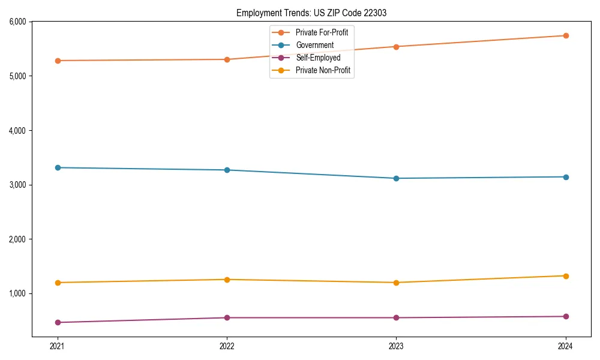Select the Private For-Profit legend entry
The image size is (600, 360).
(x=322, y=32)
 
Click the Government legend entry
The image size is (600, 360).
(x=314, y=45)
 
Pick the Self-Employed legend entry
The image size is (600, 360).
(x=318, y=58)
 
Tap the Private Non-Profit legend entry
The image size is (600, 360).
(x=323, y=71)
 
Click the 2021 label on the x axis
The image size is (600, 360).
(x=58, y=346)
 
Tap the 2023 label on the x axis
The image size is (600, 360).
(x=396, y=346)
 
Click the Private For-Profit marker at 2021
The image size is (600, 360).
(x=58, y=61)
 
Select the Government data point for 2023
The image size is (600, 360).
(x=396, y=178)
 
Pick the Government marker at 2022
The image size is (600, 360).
(x=227, y=170)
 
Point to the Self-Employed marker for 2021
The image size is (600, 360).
(x=58, y=322)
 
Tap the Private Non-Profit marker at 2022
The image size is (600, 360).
(x=227, y=280)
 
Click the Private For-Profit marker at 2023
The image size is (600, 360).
(x=396, y=47)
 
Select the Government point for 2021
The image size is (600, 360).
(x=58, y=168)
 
